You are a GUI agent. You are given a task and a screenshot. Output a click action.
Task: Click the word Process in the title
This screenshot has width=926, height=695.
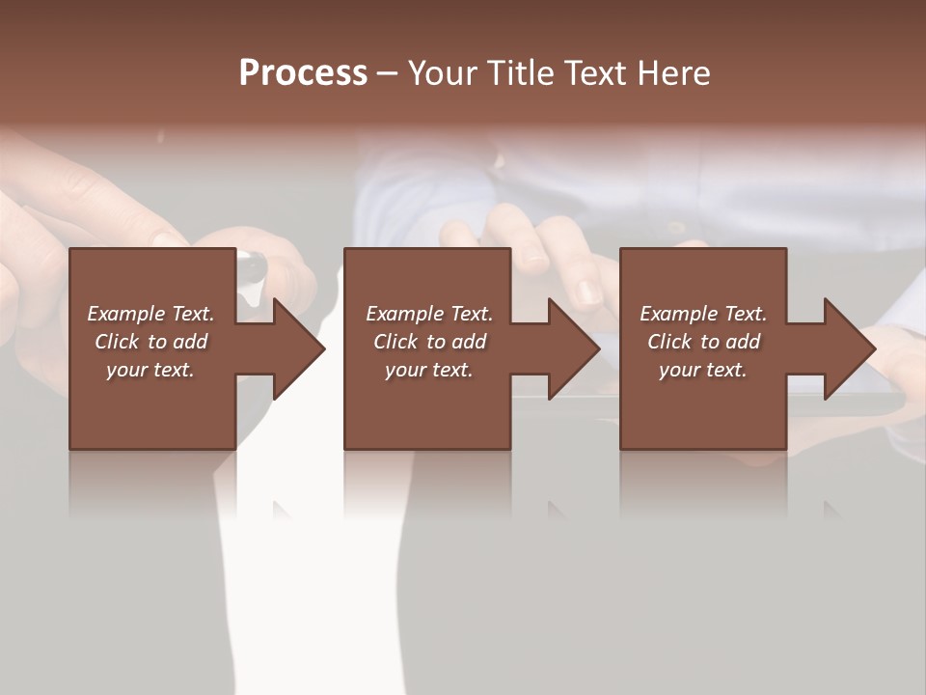[x=303, y=72]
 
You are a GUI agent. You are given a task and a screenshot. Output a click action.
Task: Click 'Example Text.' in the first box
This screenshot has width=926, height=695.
[x=150, y=314]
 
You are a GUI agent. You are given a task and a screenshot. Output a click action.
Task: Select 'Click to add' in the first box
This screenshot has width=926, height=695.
[x=150, y=342]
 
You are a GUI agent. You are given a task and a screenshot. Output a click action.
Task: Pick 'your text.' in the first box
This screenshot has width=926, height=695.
[x=150, y=370]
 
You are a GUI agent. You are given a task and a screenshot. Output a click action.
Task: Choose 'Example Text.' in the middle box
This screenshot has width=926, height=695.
[x=429, y=314]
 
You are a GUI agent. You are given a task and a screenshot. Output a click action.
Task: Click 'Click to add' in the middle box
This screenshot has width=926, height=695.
[x=429, y=342]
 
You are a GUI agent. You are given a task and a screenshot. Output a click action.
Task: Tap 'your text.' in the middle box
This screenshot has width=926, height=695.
[x=429, y=370]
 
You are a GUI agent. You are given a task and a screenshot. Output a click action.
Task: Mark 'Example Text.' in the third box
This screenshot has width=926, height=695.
[x=703, y=314]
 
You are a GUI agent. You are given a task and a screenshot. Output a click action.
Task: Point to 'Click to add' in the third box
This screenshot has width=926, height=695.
[x=703, y=342]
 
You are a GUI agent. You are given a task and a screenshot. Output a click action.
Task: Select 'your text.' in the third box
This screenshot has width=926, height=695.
[x=703, y=370]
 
